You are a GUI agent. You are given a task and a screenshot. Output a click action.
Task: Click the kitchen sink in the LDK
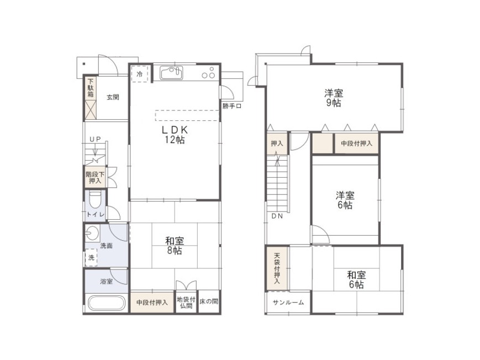pyautogui.click(x=171, y=73)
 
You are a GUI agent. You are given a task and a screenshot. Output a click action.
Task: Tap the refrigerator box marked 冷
pyautogui.click(x=140, y=74)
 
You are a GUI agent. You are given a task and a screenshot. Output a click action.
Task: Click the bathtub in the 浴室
pyautogui.click(x=107, y=303)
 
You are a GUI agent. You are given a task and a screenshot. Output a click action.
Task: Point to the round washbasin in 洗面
pyautogui.click(x=92, y=234)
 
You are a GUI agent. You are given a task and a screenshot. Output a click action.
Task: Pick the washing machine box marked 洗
pyautogui.click(x=91, y=257)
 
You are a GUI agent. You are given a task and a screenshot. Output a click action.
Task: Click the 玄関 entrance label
pyautogui.click(x=113, y=97)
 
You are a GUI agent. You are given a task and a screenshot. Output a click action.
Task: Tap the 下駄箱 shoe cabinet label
pyautogui.click(x=91, y=88)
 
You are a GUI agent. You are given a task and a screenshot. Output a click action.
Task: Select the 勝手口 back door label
pyautogui.click(x=232, y=106)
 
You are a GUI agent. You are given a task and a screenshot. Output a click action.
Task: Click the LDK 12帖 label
pyautogui.click(x=175, y=135)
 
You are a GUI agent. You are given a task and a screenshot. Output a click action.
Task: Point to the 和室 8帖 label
pyautogui.click(x=174, y=246)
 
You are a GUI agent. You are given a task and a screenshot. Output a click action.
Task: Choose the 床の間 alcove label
pyautogui.click(x=209, y=301)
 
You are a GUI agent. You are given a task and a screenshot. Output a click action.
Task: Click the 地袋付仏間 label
pyautogui.click(x=186, y=302)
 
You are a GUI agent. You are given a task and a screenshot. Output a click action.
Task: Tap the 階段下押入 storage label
pyautogui.click(x=95, y=178)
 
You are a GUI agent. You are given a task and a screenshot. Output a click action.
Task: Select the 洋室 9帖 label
pyautogui.click(x=334, y=98)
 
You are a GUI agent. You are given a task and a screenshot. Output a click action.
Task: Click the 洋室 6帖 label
pyautogui.click(x=345, y=200)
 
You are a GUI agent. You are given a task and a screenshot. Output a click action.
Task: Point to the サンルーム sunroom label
pyautogui.click(x=288, y=303)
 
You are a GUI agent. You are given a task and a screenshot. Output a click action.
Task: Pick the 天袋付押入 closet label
pyautogui.click(x=277, y=268)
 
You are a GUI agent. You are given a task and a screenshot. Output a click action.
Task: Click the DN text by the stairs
pyautogui.click(x=277, y=216)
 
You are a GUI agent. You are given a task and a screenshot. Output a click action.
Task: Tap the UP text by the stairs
pyautogui.click(x=95, y=139)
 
